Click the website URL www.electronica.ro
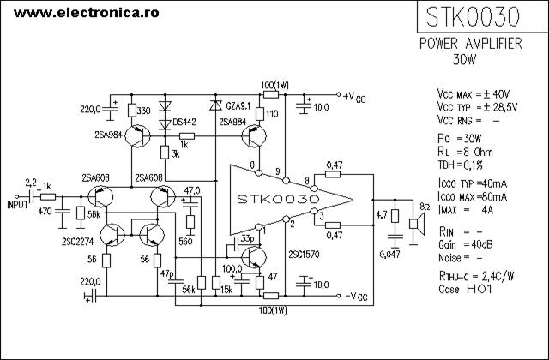pyautogui.click(x=87, y=13)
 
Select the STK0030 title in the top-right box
pyautogui.click(x=473, y=17)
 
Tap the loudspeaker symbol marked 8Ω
pyautogui.click(x=417, y=223)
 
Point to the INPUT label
pyautogui.click(x=17, y=205)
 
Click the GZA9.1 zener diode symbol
pyautogui.click(x=215, y=105)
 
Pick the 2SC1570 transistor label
pyautogui.click(x=304, y=255)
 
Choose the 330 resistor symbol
pyautogui.click(x=131, y=111)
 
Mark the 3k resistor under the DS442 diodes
pyautogui.click(x=165, y=153)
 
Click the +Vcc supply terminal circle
pyautogui.click(x=338, y=94)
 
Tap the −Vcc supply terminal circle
pyautogui.click(x=338, y=296)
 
